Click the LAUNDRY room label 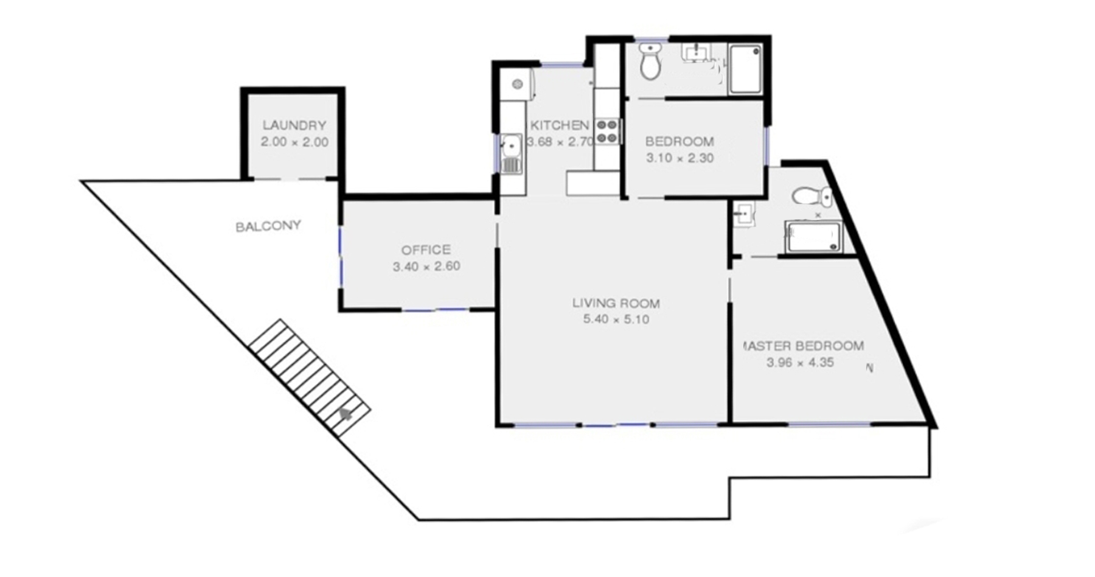(x=294, y=125)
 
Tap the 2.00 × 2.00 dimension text (x=294, y=142)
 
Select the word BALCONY (x=268, y=226)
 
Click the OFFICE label (x=426, y=250)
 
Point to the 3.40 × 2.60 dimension (x=426, y=266)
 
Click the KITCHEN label (x=560, y=125)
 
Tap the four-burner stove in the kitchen (x=607, y=131)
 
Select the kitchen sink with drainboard (x=511, y=153)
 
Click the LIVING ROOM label (x=616, y=303)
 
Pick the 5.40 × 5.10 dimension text (x=616, y=319)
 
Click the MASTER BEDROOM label (x=803, y=346)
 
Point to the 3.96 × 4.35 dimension (x=800, y=363)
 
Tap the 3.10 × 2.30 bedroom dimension (x=680, y=158)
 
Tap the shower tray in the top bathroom (x=745, y=69)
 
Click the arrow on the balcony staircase (x=346, y=414)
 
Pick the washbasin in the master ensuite (x=743, y=215)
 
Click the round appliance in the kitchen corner (x=517, y=83)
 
